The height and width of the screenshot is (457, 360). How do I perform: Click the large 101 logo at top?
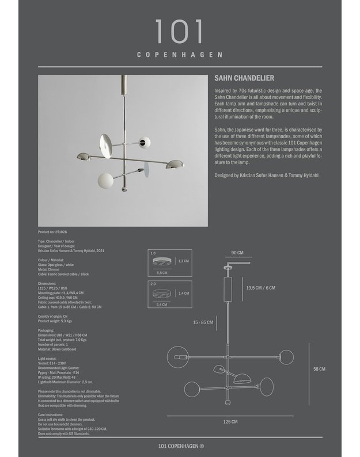point(179,32)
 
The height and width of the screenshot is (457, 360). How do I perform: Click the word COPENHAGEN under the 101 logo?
point(180,55)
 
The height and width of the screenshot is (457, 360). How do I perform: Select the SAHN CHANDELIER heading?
point(244,78)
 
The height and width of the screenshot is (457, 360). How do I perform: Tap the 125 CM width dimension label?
point(230,422)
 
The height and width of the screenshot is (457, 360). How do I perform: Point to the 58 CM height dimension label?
point(319,369)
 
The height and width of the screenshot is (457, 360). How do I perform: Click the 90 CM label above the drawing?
point(237,253)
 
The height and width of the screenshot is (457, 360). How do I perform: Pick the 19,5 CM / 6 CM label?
point(261,288)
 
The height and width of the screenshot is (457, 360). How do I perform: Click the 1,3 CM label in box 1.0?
point(184,261)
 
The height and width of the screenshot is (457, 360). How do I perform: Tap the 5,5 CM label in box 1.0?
point(162,273)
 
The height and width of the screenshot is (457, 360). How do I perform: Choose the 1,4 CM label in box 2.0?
point(184,293)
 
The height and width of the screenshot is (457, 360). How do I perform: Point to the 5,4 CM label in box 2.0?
point(162,304)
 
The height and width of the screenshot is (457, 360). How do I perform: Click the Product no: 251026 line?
point(52,231)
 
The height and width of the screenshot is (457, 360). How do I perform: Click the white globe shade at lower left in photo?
point(104,179)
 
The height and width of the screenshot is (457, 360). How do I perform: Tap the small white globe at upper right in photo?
point(146,142)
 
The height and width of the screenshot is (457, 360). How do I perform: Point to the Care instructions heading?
point(50,414)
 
